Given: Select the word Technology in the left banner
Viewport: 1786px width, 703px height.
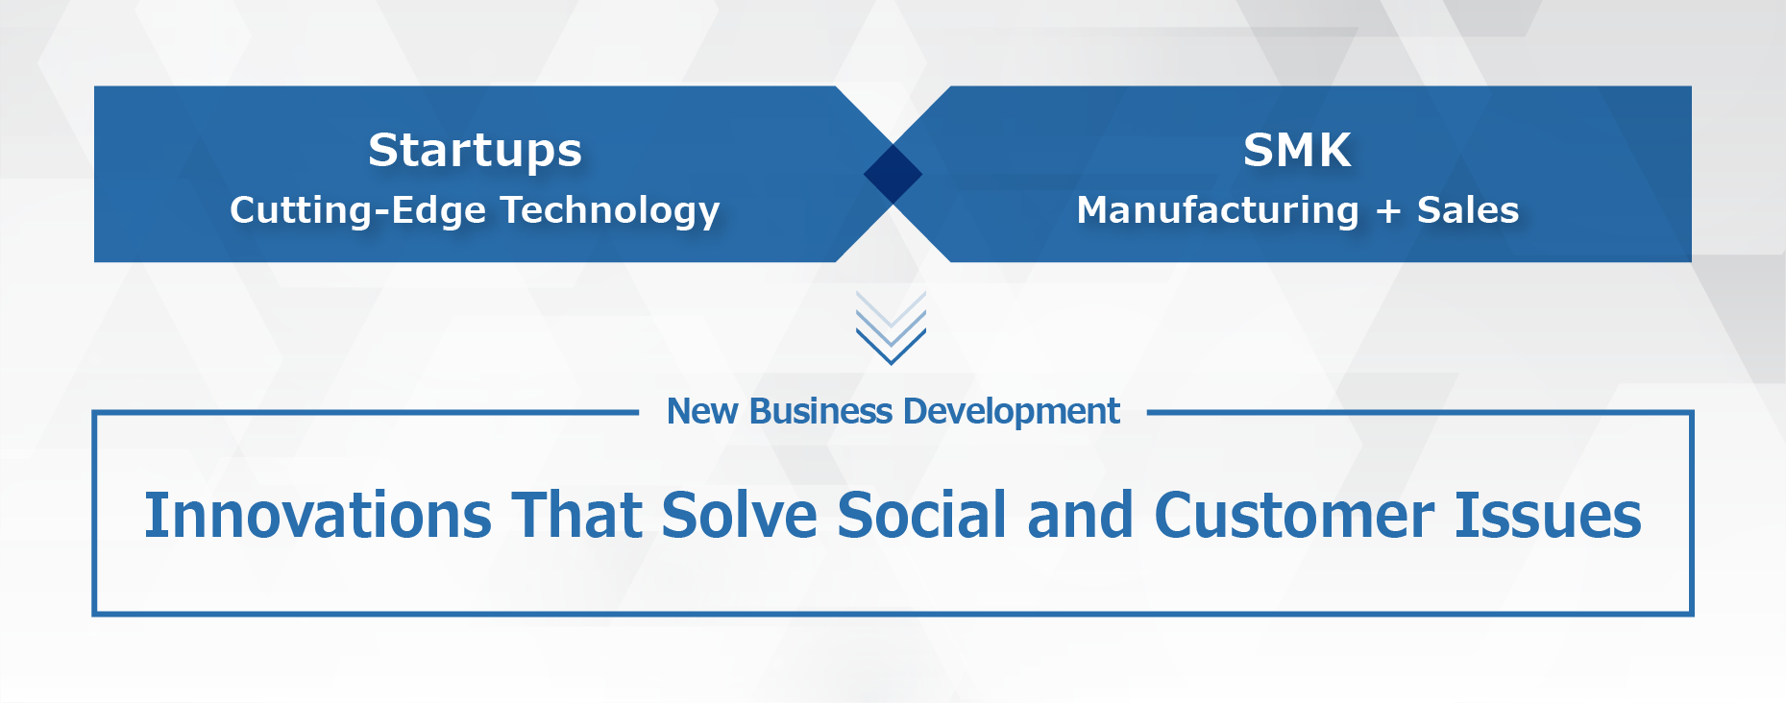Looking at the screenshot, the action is pyautogui.click(x=610, y=211).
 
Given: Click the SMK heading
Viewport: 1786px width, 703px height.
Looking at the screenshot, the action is pyautogui.click(x=1297, y=150).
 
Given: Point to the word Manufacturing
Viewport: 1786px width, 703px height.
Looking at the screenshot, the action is pyautogui.click(x=1217, y=210).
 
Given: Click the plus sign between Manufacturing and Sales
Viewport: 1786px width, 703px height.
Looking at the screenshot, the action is pyautogui.click(x=1387, y=211).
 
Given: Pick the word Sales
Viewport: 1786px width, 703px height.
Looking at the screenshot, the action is pyautogui.click(x=1468, y=210).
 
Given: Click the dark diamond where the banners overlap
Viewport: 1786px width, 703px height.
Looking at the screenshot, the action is pyautogui.click(x=893, y=174).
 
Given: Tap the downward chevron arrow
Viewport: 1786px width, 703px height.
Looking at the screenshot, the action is pyautogui.click(x=891, y=328).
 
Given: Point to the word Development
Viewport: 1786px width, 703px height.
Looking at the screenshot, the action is pyautogui.click(x=1012, y=412).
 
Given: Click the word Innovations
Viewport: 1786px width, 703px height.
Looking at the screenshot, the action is pyautogui.click(x=318, y=516).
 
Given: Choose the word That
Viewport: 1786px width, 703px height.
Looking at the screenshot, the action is pyautogui.click(x=576, y=515).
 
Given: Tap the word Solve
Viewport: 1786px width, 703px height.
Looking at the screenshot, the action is pyautogui.click(x=740, y=515).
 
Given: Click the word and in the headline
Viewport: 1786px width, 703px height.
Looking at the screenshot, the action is pyautogui.click(x=1081, y=515).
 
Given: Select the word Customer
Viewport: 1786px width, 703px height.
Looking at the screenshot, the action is pyautogui.click(x=1294, y=516).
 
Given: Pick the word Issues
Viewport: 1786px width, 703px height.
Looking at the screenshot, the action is pyautogui.click(x=1548, y=516).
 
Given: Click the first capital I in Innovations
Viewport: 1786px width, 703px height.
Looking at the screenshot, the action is pyautogui.click(x=152, y=516).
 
